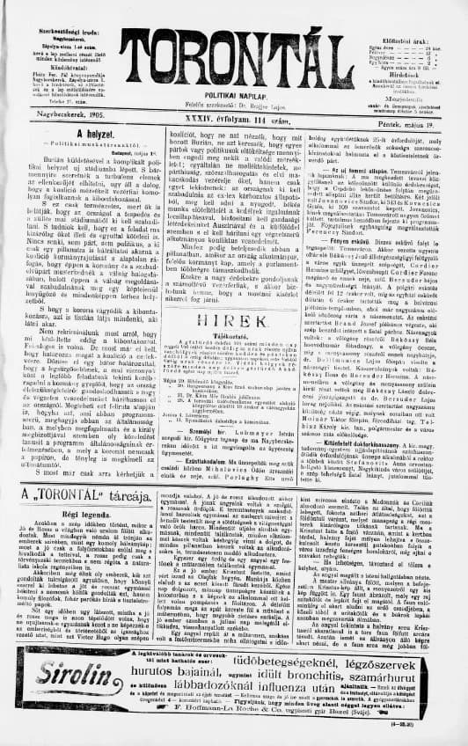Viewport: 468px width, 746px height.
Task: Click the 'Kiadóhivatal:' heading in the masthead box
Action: (41, 42)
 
